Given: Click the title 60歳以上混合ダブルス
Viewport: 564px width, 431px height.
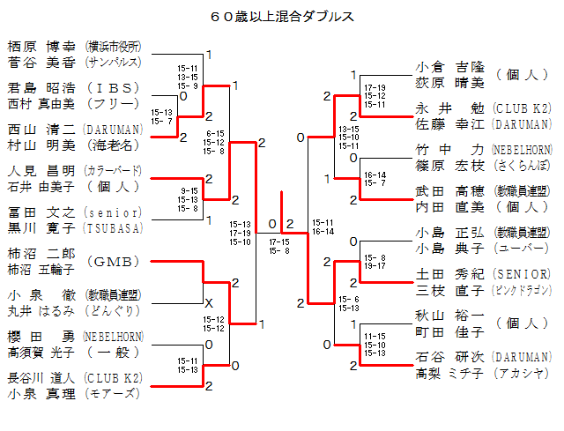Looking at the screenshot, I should point(282,16).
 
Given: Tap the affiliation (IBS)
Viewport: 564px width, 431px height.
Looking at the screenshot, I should point(113,88).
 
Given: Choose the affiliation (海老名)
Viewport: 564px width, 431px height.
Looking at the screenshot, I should point(113,145).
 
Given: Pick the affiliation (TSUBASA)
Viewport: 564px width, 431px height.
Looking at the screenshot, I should point(113,227).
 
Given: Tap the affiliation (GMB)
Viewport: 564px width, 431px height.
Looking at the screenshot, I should point(113,262).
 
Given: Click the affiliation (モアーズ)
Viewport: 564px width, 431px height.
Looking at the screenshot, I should point(113,393).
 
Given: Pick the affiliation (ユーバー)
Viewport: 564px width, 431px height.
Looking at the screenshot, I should point(523,249).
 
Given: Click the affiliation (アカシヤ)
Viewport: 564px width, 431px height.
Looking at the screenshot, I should point(523,373).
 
